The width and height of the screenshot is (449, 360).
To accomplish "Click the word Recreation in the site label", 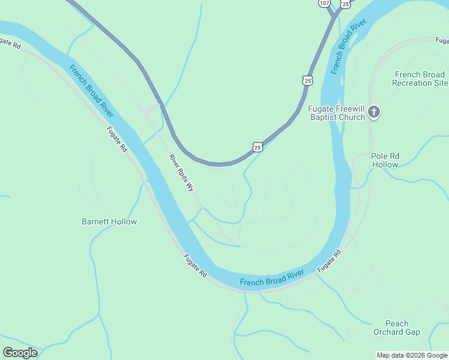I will (x=414, y=83).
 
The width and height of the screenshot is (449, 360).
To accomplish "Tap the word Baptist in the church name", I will (x=324, y=117).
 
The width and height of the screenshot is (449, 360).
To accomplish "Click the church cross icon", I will (x=374, y=112).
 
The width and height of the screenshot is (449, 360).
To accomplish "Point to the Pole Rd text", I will (x=385, y=156).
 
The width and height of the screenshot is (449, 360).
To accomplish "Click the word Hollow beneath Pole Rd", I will (x=385, y=164).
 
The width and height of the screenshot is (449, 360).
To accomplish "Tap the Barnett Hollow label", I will (x=109, y=221).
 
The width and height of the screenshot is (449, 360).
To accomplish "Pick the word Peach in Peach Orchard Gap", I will (x=397, y=323).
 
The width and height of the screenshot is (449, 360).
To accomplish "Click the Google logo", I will (x=20, y=352).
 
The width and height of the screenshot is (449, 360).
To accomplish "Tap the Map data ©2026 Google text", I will (x=412, y=355).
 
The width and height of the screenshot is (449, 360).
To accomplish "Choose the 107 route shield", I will (x=325, y=3).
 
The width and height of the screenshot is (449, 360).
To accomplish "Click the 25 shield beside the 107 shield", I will (x=345, y=4).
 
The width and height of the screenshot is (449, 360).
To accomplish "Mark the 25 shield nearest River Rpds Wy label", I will (x=257, y=146).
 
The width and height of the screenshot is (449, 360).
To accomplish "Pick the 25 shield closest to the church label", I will (x=307, y=80).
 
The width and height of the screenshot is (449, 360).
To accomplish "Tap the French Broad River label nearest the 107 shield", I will (x=348, y=47).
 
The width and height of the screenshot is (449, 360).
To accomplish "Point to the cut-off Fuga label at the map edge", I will (x=442, y=41).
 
